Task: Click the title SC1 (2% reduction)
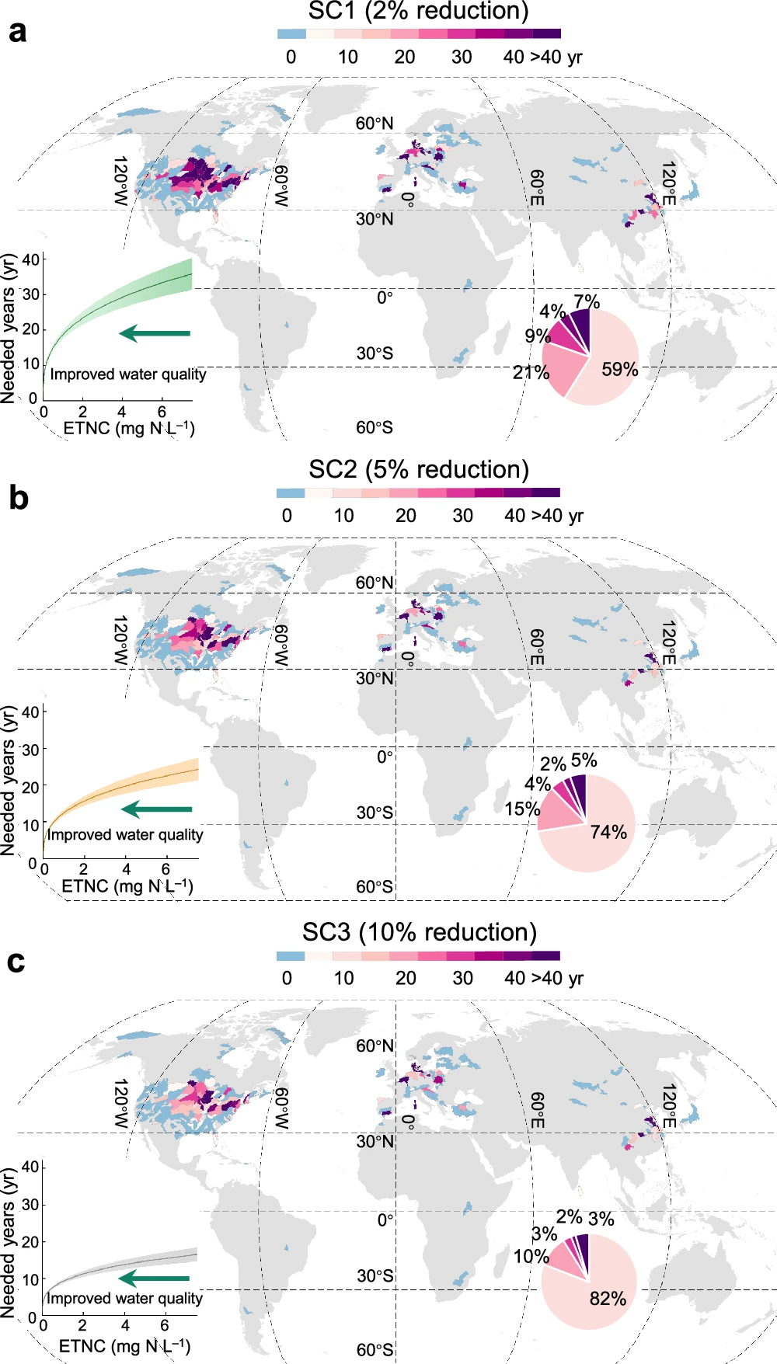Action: coord(418,11)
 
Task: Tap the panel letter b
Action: coord(18,498)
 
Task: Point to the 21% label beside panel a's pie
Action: coord(531,373)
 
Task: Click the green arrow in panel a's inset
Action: coord(155,333)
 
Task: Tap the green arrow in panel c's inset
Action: coord(155,1278)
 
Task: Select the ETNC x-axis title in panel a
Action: coord(128,428)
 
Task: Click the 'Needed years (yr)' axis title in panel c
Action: coord(9,1243)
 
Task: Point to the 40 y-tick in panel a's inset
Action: coord(30,259)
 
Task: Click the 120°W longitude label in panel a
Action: coord(120,181)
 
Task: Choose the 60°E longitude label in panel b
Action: coord(536,647)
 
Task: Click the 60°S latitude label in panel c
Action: coord(375,1350)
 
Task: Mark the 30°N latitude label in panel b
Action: coord(375,678)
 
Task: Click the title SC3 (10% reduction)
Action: coord(420,932)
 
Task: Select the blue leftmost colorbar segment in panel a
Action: coord(291,34)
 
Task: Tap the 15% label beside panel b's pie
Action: coord(521,809)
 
